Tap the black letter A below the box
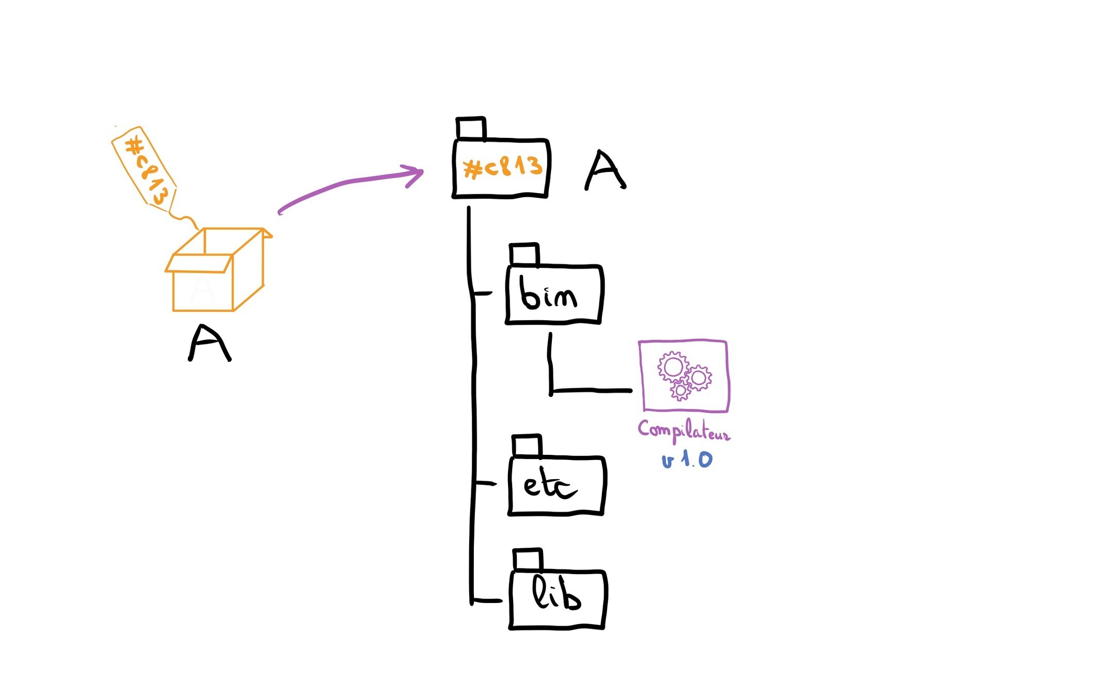(x=209, y=343)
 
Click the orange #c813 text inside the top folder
(x=502, y=167)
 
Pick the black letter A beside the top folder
(x=605, y=170)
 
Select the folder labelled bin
(x=554, y=294)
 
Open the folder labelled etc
(x=556, y=485)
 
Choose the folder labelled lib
(x=557, y=599)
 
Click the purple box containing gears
(x=683, y=376)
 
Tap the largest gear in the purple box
(x=673, y=367)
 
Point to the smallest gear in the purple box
(x=680, y=391)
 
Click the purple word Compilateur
(x=683, y=431)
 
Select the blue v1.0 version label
(x=687, y=460)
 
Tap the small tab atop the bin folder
(x=524, y=255)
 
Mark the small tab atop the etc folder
(x=527, y=446)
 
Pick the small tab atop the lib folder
(x=528, y=560)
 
